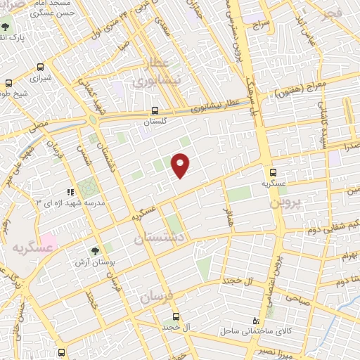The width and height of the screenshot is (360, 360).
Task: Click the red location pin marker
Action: coord(181,165)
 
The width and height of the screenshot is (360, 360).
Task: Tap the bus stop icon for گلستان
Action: coord(155,110)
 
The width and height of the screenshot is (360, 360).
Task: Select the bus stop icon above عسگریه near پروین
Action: coord(274,172)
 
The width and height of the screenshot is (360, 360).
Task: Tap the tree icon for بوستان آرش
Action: coord(95,250)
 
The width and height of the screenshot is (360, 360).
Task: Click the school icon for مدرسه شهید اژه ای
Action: coord(70,191)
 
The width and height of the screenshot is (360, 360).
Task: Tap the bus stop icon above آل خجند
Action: coord(175,316)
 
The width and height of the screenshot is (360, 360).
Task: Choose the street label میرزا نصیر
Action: coord(271,349)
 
